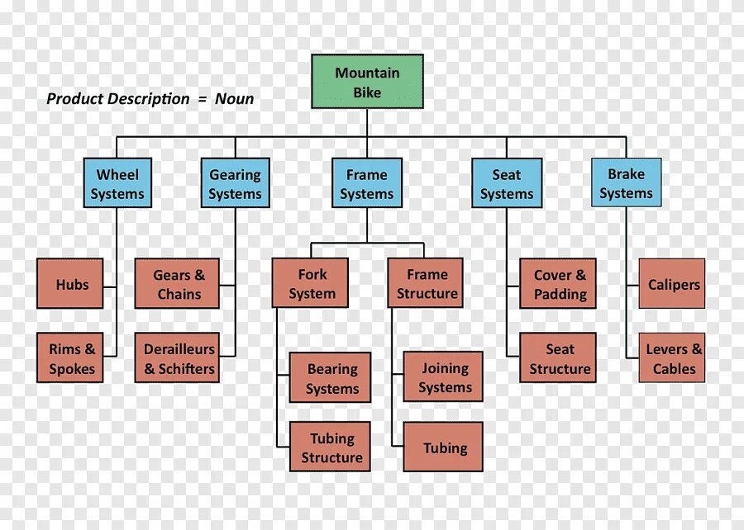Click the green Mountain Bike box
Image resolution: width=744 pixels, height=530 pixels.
pyautogui.click(x=367, y=82)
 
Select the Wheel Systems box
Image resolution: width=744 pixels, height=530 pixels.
pyautogui.click(x=117, y=183)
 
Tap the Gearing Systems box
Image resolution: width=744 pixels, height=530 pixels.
pyautogui.click(x=235, y=183)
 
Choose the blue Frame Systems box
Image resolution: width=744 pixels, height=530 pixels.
pyautogui.click(x=367, y=183)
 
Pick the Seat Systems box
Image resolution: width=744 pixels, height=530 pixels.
pyautogui.click(x=507, y=183)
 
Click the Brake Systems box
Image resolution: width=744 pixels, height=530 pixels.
pyautogui.click(x=626, y=183)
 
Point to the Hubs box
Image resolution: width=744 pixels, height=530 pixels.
pyautogui.click(x=71, y=284)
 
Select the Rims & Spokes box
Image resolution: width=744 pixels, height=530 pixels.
pyautogui.click(x=71, y=358)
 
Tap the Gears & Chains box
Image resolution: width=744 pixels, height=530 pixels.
pyautogui.click(x=178, y=284)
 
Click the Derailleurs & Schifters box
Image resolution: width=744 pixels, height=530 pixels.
pyautogui.click(x=178, y=358)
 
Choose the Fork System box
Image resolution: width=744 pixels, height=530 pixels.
pyautogui.click(x=311, y=283)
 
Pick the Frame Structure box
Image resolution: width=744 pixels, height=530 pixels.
pyautogui.click(x=427, y=283)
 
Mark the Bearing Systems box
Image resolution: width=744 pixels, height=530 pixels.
pyautogui.click(x=331, y=378)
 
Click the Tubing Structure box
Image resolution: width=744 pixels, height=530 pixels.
pyautogui.click(x=331, y=447)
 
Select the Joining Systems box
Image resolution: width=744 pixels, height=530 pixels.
pyautogui.click(x=444, y=377)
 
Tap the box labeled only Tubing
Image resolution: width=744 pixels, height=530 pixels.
pyautogui.click(x=444, y=447)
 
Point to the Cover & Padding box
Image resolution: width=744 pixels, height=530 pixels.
pyautogui.click(x=559, y=284)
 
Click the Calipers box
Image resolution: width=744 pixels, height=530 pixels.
pyautogui.click(x=673, y=284)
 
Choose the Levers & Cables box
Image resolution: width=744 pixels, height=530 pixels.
pyautogui.click(x=673, y=358)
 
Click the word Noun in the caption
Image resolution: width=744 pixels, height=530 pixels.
pyautogui.click(x=235, y=99)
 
